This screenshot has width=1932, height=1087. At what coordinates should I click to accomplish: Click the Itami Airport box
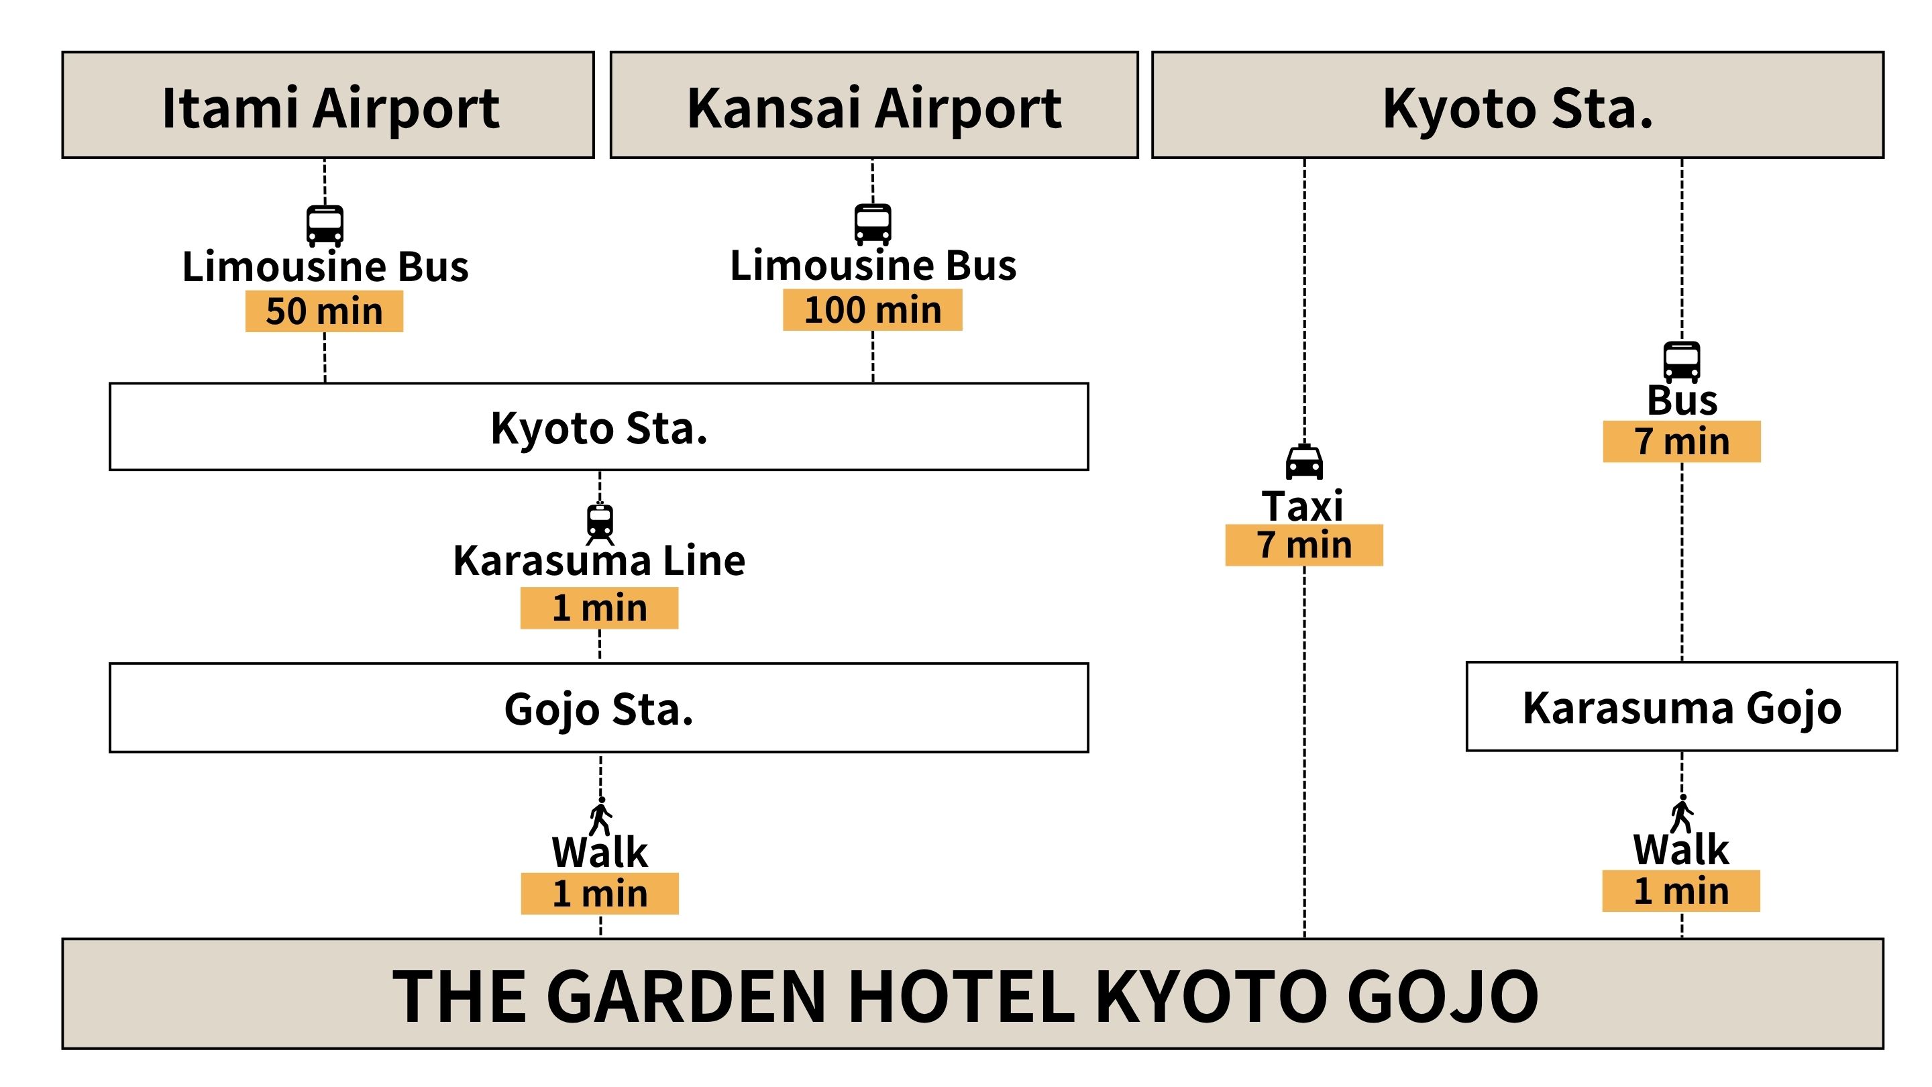(x=328, y=105)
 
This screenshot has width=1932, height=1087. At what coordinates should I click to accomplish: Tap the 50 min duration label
(x=324, y=311)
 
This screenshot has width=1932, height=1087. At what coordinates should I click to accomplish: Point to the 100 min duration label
(x=872, y=310)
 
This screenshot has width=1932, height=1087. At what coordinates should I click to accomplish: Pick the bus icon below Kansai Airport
(x=873, y=224)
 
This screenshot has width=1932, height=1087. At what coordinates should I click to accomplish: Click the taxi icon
(x=1304, y=462)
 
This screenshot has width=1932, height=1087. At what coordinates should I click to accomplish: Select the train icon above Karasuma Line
(x=600, y=523)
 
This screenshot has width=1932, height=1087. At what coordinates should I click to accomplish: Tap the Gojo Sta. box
(x=598, y=707)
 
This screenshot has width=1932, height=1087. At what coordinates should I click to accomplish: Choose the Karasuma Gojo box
(x=1682, y=707)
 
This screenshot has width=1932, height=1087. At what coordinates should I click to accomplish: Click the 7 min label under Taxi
(x=1304, y=546)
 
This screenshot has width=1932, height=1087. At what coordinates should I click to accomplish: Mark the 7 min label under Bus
(x=1682, y=442)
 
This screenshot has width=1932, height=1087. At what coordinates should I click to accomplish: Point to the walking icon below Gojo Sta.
(x=601, y=816)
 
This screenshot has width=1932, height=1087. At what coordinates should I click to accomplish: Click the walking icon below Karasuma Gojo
(x=1682, y=814)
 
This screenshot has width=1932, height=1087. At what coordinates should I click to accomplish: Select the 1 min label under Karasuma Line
(x=599, y=609)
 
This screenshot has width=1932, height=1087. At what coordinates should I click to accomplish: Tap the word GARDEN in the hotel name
(x=686, y=996)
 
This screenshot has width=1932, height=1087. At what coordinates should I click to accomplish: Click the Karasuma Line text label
(x=599, y=561)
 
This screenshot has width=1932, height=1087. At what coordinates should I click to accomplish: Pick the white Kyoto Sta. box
(x=598, y=427)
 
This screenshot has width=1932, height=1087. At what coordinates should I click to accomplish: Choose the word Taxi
(x=1303, y=506)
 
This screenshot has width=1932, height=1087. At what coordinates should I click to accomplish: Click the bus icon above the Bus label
(x=1682, y=362)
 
